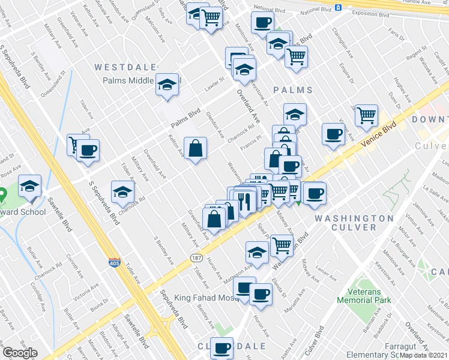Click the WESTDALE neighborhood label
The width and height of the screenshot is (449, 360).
(125, 67)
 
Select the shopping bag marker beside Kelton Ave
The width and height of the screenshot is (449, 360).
(196, 149)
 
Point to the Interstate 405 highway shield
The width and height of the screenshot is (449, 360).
(114, 263)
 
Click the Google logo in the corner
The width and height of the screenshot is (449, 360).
(20, 353)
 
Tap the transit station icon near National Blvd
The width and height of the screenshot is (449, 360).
(339, 8)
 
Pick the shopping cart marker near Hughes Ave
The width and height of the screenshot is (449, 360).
(366, 115)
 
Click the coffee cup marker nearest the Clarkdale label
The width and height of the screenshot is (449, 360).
(222, 348)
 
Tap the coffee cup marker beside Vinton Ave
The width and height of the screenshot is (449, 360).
(333, 134)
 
